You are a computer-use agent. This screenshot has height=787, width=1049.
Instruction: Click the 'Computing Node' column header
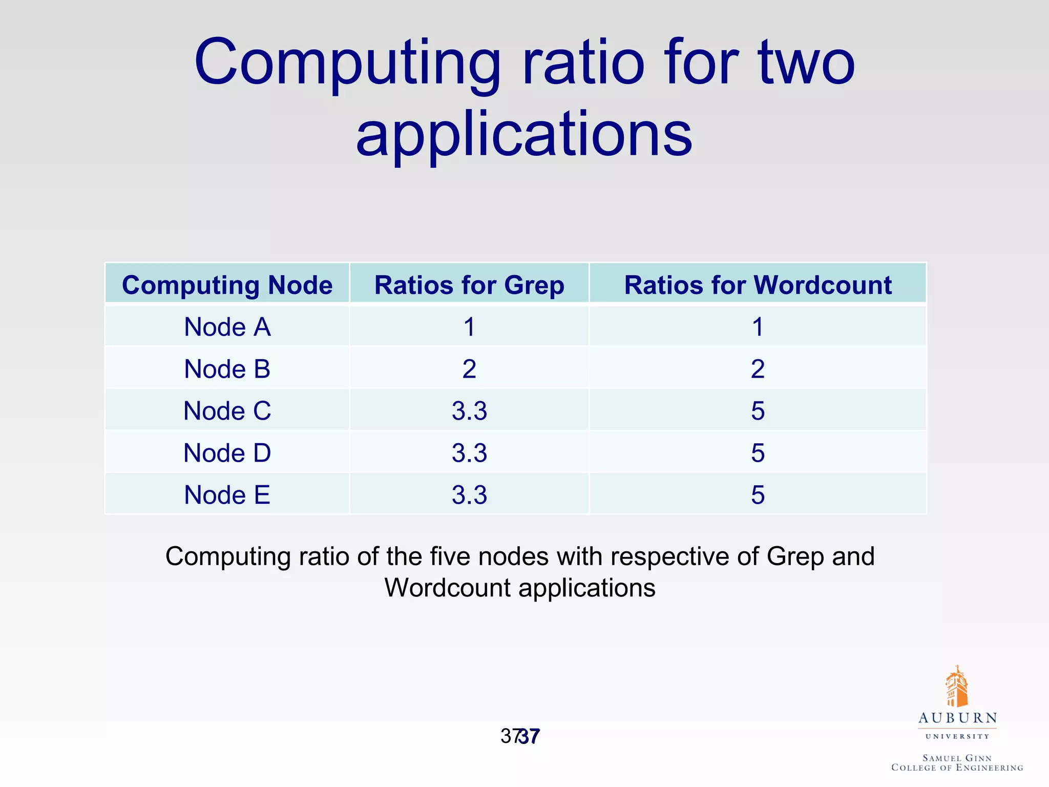227,285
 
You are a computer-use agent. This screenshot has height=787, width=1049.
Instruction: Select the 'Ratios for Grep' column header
469,285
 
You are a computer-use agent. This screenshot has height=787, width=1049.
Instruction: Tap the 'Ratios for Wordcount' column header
758,285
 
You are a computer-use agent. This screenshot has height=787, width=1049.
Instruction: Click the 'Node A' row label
227,327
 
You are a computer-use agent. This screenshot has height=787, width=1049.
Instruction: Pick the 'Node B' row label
227,369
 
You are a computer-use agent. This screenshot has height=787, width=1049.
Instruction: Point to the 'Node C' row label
227,411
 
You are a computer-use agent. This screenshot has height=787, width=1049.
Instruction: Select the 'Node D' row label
227,453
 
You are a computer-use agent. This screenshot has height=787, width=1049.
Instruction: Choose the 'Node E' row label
227,495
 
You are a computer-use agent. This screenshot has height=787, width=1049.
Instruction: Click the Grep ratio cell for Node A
469,327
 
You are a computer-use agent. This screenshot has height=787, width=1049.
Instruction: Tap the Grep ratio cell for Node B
469,369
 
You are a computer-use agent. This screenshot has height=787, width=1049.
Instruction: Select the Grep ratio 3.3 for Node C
469,411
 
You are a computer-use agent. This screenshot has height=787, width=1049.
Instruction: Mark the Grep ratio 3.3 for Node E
469,495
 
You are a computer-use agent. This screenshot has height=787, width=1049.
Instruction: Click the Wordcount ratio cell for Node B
758,369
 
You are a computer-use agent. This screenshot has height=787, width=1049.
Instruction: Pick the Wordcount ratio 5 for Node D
758,453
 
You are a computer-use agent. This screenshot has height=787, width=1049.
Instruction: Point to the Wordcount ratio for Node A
758,327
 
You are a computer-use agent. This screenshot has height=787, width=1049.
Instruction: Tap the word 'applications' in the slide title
524,134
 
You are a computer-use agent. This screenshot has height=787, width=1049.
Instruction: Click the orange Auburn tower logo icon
956,687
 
